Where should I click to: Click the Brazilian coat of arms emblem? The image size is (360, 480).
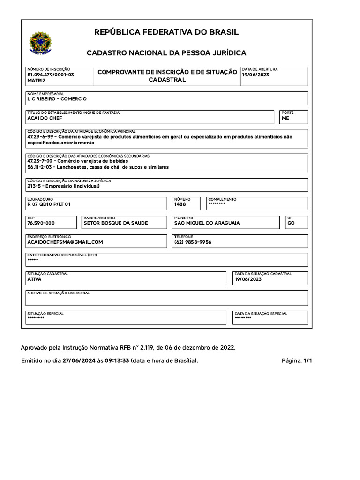point(41,43)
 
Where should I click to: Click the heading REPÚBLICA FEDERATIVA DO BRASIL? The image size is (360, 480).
point(166,32)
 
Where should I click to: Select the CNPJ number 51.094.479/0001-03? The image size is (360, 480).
point(51,75)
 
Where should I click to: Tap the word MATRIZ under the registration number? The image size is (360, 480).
point(37,81)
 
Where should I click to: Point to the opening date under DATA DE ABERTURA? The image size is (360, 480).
point(255,75)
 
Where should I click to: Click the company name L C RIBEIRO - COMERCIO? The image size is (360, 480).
point(57,99)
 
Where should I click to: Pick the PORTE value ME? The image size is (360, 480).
point(285,118)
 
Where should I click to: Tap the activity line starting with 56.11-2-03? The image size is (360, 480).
point(98,167)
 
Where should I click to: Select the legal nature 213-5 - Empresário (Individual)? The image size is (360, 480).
point(63,186)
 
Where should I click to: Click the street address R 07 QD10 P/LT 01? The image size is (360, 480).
point(49,204)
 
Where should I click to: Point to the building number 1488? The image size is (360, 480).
point(180,204)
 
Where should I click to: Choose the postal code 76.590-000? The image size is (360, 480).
point(41,223)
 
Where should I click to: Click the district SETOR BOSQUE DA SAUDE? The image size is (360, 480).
point(115,223)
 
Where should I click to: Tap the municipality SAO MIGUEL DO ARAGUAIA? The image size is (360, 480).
point(207,223)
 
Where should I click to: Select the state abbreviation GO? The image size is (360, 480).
point(291,223)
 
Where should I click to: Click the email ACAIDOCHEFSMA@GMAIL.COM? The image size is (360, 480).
point(65,242)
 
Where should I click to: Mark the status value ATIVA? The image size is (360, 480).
point(34,279)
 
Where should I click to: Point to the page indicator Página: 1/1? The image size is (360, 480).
point(296,360)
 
